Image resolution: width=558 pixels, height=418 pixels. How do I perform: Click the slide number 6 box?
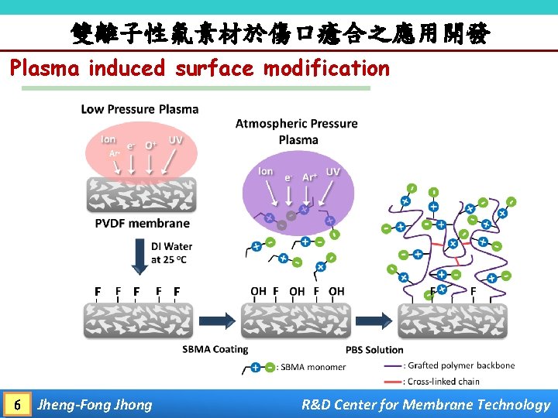(17, 404)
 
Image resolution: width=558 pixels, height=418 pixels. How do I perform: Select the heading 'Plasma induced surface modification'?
(200, 68)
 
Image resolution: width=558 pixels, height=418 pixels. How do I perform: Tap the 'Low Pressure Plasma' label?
(139, 109)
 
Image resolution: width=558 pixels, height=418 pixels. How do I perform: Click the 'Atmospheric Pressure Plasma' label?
(297, 132)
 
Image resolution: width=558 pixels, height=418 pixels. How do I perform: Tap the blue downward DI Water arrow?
(139, 256)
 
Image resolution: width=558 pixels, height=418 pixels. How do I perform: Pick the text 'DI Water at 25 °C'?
(172, 252)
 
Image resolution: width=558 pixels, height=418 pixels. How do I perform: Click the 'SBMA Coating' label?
(215, 349)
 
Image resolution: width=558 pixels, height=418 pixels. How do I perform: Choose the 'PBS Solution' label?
(374, 349)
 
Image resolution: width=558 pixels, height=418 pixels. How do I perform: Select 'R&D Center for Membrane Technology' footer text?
(425, 404)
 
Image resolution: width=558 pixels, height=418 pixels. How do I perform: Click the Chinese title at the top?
(279, 33)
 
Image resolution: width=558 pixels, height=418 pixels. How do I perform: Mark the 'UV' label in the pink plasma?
(176, 140)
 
